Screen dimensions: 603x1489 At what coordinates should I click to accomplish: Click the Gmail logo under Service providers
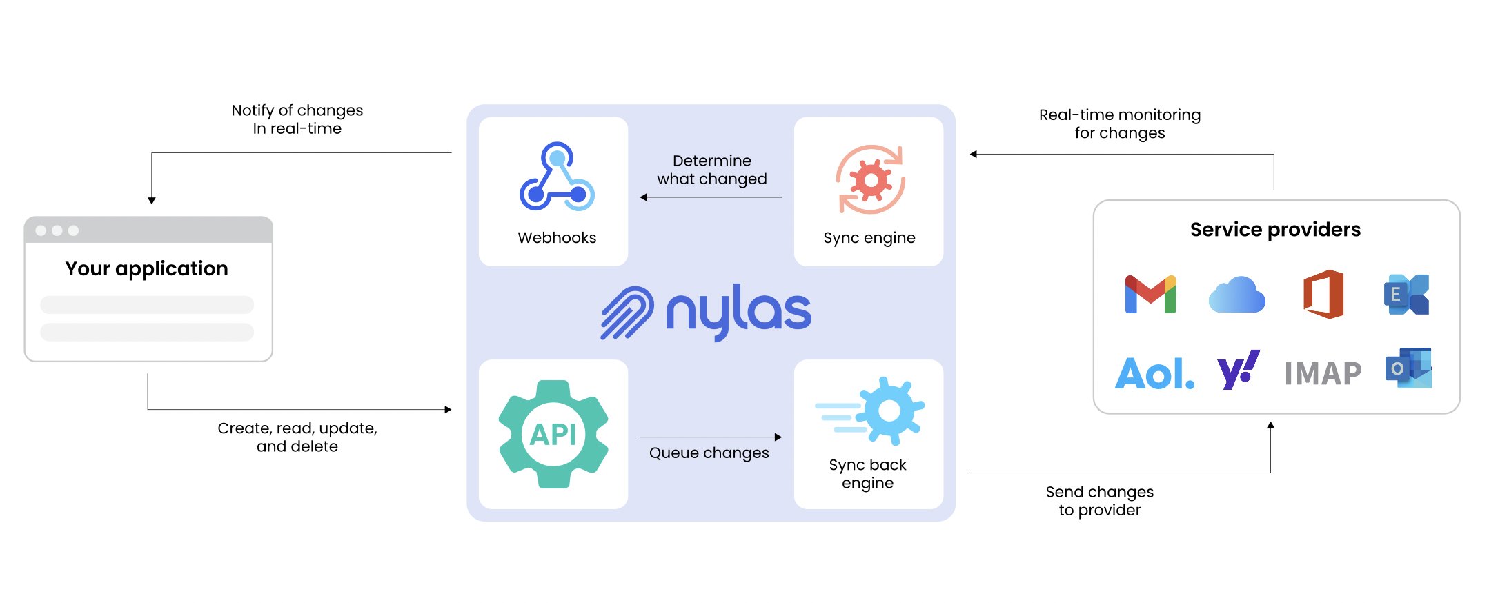[1150, 295]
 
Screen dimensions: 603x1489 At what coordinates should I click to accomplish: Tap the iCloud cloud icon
[1236, 295]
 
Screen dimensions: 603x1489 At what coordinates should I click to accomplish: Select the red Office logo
[1323, 295]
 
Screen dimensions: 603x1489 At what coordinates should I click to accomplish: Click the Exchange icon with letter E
[1406, 295]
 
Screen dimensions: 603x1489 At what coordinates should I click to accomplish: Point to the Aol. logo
[1154, 374]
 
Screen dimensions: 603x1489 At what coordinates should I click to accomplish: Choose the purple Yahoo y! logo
[1238, 370]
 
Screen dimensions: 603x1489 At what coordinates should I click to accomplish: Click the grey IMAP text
[1323, 374]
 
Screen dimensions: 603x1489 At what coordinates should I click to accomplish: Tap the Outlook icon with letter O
[1408, 368]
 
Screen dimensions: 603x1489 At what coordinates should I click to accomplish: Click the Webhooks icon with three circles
[557, 177]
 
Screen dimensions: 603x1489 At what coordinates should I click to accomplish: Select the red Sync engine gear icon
[871, 180]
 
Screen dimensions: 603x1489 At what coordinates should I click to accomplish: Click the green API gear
[553, 435]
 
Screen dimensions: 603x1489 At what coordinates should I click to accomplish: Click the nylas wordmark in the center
[738, 311]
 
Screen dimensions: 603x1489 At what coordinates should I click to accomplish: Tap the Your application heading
[146, 268]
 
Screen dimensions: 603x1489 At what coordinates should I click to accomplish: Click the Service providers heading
[1275, 230]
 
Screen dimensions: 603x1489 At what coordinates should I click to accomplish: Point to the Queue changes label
[709, 453]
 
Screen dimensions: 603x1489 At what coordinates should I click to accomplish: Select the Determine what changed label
[711, 170]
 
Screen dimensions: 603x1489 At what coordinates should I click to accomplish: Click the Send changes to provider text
[1099, 501]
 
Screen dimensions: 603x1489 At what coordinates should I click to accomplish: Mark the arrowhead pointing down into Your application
[152, 200]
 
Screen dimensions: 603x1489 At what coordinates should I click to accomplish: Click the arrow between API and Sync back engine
[711, 437]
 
